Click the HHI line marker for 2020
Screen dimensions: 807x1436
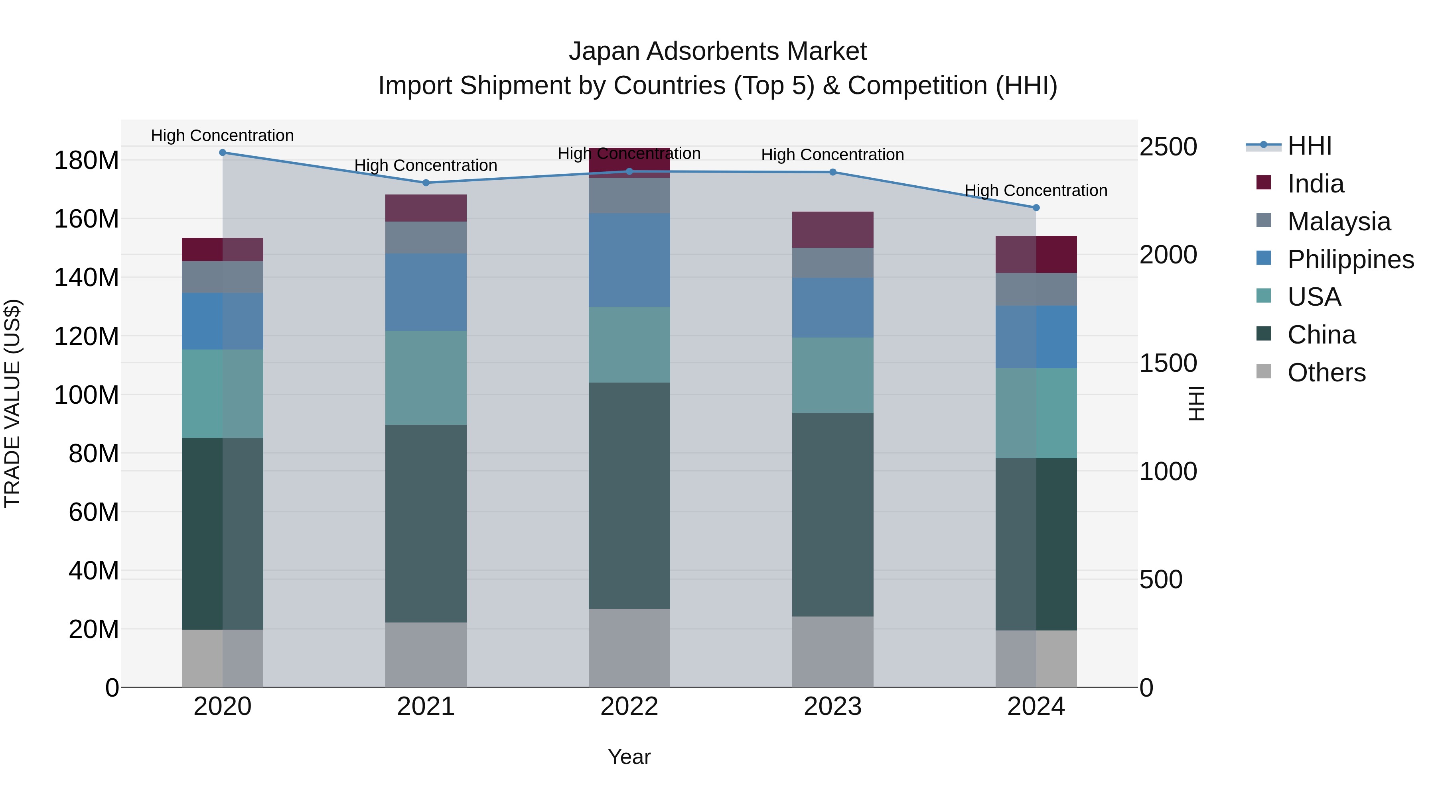coord(223,152)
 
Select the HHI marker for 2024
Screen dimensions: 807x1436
coord(1036,208)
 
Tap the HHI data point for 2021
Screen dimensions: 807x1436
coord(426,183)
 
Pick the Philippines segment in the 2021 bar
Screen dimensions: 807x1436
coord(426,293)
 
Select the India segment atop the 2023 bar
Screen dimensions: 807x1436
coord(833,230)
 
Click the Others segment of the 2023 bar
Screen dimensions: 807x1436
coord(833,651)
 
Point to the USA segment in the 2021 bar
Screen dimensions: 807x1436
coord(426,378)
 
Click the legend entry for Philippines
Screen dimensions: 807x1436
coord(1350,259)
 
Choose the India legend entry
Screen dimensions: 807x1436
coord(1316,183)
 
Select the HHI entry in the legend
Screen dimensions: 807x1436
coord(1309,145)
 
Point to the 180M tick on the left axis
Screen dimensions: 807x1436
coord(87,160)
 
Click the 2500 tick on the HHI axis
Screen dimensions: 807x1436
coord(1168,147)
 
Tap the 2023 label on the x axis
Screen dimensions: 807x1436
coord(833,706)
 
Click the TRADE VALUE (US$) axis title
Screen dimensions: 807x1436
coord(13,403)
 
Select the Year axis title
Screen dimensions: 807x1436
coord(629,757)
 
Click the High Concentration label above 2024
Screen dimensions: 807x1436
coord(1036,190)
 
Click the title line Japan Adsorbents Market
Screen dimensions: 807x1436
coord(718,51)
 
